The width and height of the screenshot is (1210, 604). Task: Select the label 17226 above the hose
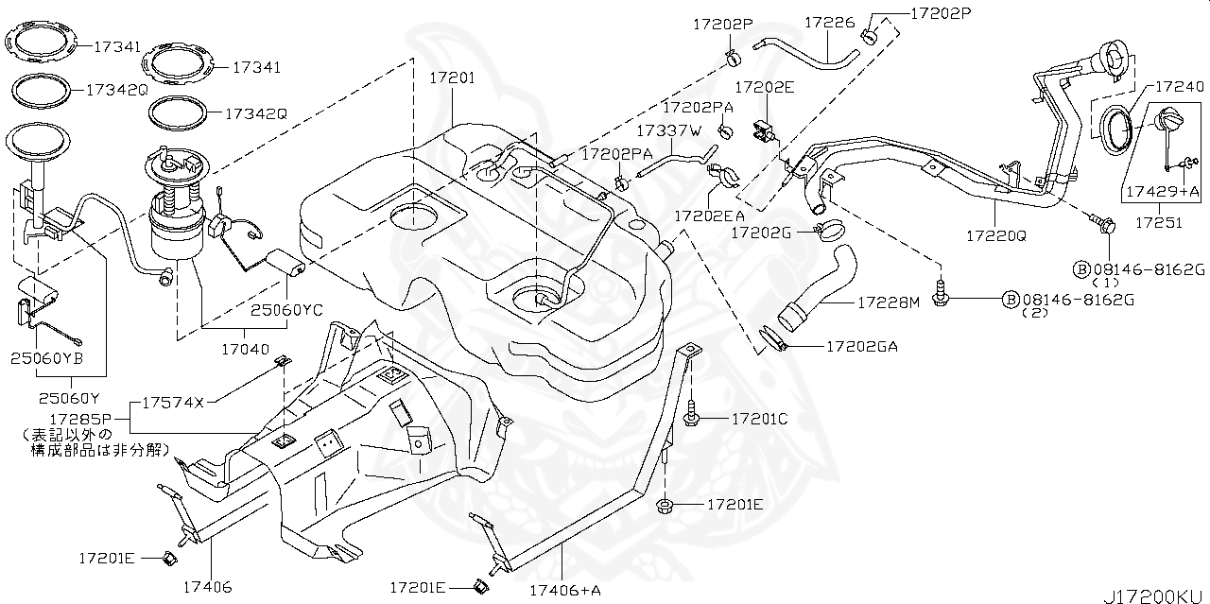(829, 21)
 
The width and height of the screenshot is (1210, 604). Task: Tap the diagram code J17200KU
(1154, 595)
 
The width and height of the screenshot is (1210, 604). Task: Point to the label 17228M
(888, 302)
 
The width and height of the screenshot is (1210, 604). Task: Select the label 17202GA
(861, 347)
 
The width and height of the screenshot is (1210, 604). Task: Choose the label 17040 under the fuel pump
(246, 349)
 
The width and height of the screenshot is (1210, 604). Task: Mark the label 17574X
(172, 402)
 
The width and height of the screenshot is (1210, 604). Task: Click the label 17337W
(668, 129)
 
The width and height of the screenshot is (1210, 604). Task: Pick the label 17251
(1158, 223)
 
